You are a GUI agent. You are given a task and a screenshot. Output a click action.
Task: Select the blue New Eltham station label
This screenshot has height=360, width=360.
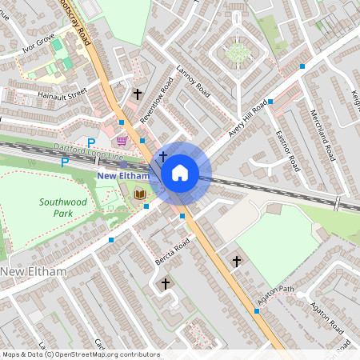[123, 175]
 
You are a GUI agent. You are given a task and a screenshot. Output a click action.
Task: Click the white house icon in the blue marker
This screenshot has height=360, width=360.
[180, 172]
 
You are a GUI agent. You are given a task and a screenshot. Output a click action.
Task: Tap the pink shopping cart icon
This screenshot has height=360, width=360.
[122, 140]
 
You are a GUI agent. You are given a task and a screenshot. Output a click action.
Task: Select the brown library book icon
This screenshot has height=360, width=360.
[140, 194]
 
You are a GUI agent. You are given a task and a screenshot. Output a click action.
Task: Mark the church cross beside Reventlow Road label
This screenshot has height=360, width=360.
[137, 94]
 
